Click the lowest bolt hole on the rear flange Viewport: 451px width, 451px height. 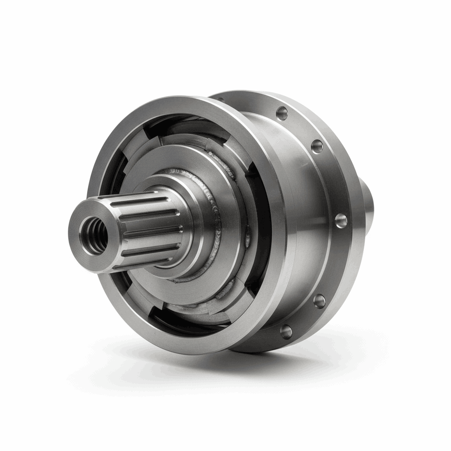pos(286,331)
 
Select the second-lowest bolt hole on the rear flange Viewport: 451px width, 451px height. pos(319,301)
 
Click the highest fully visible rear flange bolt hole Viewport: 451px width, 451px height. pos(282,113)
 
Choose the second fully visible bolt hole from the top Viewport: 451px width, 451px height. pos(317,146)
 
